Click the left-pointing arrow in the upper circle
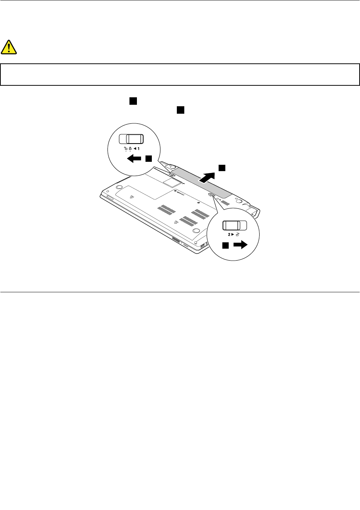point(134,159)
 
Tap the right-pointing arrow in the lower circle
point(240,245)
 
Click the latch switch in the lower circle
point(235,226)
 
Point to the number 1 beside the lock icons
point(138,148)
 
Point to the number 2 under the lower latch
point(229,235)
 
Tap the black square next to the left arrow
point(148,158)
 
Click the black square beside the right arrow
point(226,245)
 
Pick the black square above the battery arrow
point(222,167)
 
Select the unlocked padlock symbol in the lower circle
point(237,235)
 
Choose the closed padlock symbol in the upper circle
point(130,148)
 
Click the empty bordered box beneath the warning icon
point(180,75)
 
